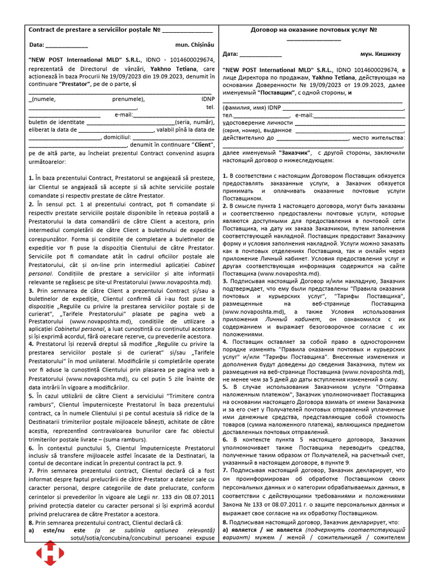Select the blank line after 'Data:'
[x=66, y=45]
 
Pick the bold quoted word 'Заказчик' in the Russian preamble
[x=296, y=152]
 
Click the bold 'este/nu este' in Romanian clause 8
[x=60, y=531]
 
